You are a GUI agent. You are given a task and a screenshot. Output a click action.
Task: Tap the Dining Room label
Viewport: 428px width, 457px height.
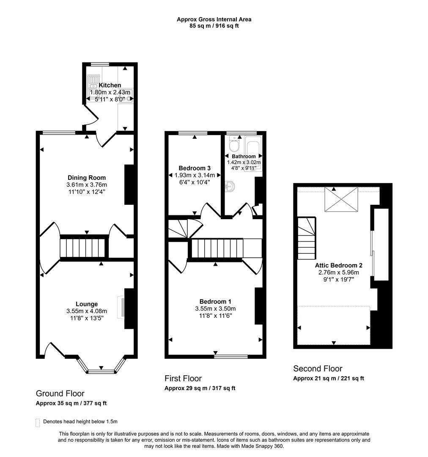click(x=87, y=178)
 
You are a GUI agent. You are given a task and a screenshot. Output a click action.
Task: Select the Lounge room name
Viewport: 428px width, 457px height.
click(x=87, y=304)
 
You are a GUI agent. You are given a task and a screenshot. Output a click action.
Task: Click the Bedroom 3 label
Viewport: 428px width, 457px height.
click(x=194, y=168)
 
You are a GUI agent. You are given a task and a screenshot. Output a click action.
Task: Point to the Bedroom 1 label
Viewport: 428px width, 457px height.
click(x=215, y=301)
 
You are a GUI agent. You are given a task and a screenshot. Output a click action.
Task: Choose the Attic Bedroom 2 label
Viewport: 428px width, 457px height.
click(x=338, y=265)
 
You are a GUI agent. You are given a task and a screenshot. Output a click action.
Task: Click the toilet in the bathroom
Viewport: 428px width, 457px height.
click(x=233, y=145)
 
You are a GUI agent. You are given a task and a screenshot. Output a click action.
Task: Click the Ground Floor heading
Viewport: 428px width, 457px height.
click(x=60, y=394)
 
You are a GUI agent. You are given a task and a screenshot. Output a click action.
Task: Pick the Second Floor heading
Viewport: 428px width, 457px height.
click(x=318, y=369)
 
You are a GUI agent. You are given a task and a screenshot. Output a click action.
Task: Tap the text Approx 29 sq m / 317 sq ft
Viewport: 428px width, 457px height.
click(x=200, y=388)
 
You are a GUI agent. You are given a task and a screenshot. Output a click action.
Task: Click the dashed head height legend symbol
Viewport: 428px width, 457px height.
click(x=38, y=422)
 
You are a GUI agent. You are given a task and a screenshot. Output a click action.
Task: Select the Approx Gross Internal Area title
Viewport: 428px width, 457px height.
click(x=214, y=19)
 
